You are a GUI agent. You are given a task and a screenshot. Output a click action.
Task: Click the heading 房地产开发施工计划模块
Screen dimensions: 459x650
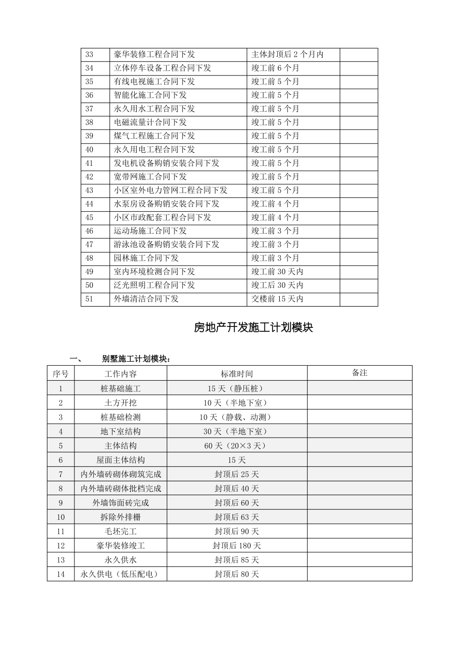click(x=253, y=328)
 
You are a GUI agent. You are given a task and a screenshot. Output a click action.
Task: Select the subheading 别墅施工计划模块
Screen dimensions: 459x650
click(x=136, y=359)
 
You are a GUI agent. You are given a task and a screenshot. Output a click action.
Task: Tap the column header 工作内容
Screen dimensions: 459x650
click(x=120, y=374)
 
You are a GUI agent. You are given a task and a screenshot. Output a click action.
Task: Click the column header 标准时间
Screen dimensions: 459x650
click(x=237, y=374)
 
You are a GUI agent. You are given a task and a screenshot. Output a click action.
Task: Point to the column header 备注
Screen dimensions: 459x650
click(x=359, y=373)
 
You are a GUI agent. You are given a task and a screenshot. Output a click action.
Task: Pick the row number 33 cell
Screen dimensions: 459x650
click(x=89, y=55)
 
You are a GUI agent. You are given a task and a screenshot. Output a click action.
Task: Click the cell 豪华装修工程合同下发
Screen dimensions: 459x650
click(x=154, y=55)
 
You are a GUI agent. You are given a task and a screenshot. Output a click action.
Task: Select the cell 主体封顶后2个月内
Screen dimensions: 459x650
click(x=287, y=55)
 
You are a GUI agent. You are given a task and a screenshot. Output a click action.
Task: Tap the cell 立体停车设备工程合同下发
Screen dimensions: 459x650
click(x=162, y=68)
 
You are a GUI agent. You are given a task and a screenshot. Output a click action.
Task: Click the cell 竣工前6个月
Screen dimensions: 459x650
click(x=275, y=68)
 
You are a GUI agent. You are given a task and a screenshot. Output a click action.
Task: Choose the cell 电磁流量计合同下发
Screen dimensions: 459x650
click(x=150, y=122)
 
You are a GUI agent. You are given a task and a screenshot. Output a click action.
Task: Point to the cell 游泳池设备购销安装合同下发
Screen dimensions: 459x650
click(x=166, y=244)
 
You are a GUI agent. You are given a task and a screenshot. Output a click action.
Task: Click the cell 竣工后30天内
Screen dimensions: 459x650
click(x=277, y=285)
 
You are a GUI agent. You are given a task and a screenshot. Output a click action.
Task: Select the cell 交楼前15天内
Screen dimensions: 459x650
click(x=277, y=299)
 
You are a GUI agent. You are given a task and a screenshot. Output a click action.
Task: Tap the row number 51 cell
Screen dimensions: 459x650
click(x=89, y=299)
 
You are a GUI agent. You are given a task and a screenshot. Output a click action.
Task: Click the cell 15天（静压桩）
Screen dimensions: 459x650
click(x=237, y=388)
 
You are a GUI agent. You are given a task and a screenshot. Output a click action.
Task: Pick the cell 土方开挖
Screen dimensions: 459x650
click(x=120, y=403)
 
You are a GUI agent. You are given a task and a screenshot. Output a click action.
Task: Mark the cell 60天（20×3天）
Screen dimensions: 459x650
click(x=237, y=446)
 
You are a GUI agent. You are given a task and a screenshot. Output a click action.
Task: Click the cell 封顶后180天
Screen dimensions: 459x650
click(x=237, y=546)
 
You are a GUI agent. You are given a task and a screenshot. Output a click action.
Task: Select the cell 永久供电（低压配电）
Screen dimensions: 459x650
click(x=120, y=575)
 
